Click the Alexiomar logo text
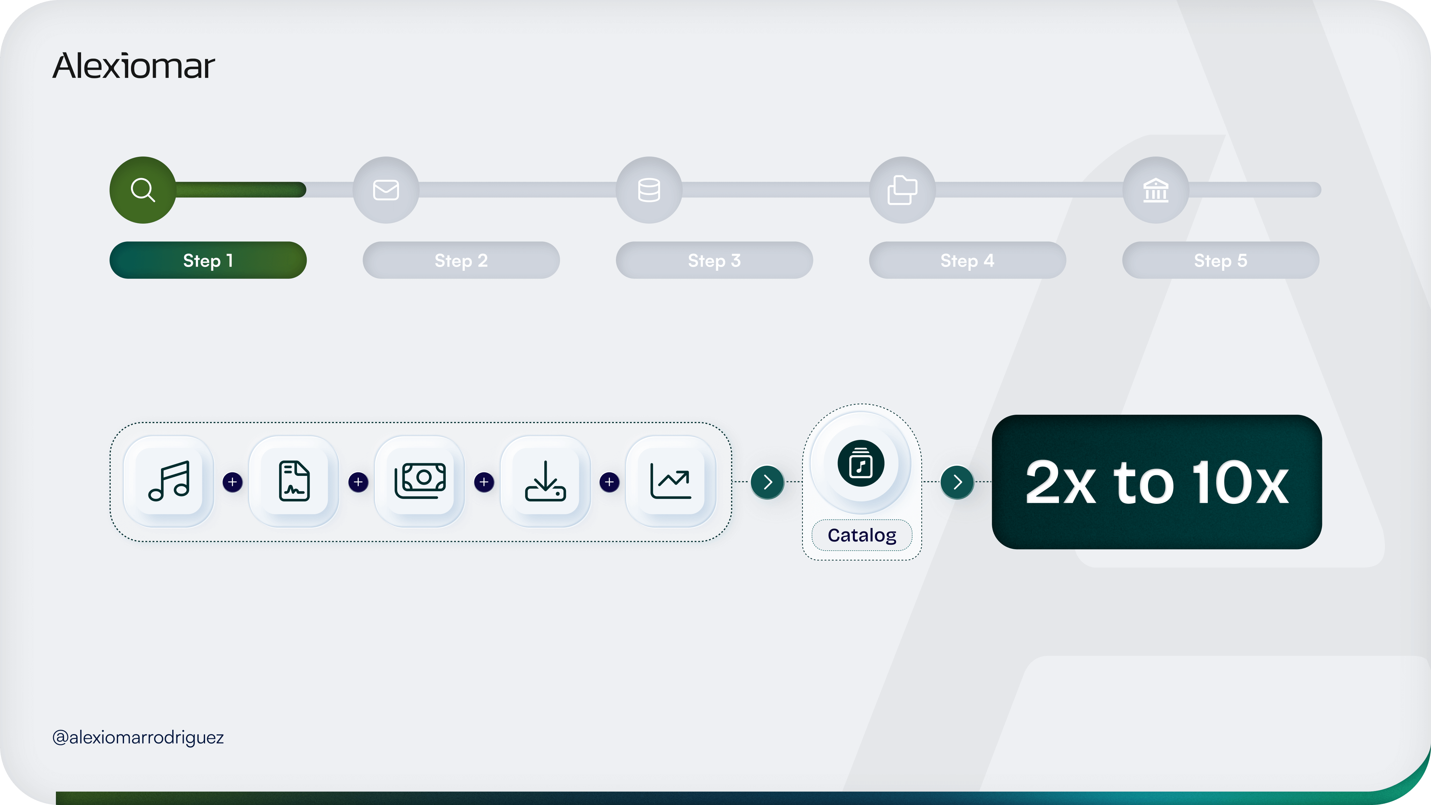[133, 66]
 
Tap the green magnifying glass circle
[143, 190]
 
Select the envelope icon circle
[386, 190]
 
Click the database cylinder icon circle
[649, 190]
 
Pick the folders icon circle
[902, 190]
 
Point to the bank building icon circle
[1155, 190]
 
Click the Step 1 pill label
[208, 260]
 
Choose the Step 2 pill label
[461, 260]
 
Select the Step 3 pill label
[714, 260]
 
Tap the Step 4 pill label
[967, 260]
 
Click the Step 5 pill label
[1220, 260]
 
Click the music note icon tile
[169, 481]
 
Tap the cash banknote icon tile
[420, 481]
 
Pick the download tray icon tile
[545, 481]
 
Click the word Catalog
[862, 535]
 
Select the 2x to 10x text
[1157, 482]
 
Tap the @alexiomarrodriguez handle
[138, 737]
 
